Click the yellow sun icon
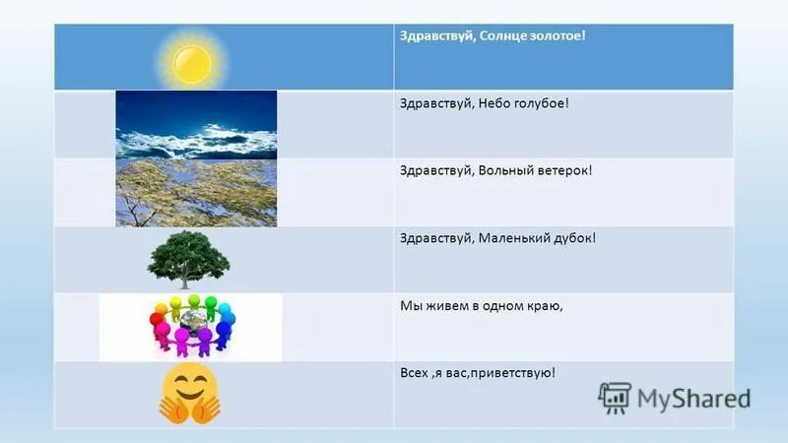191,61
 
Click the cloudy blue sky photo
196,125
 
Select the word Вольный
505,170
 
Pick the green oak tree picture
188,259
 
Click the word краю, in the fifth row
542,305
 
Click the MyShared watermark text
693,398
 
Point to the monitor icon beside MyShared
614,397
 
